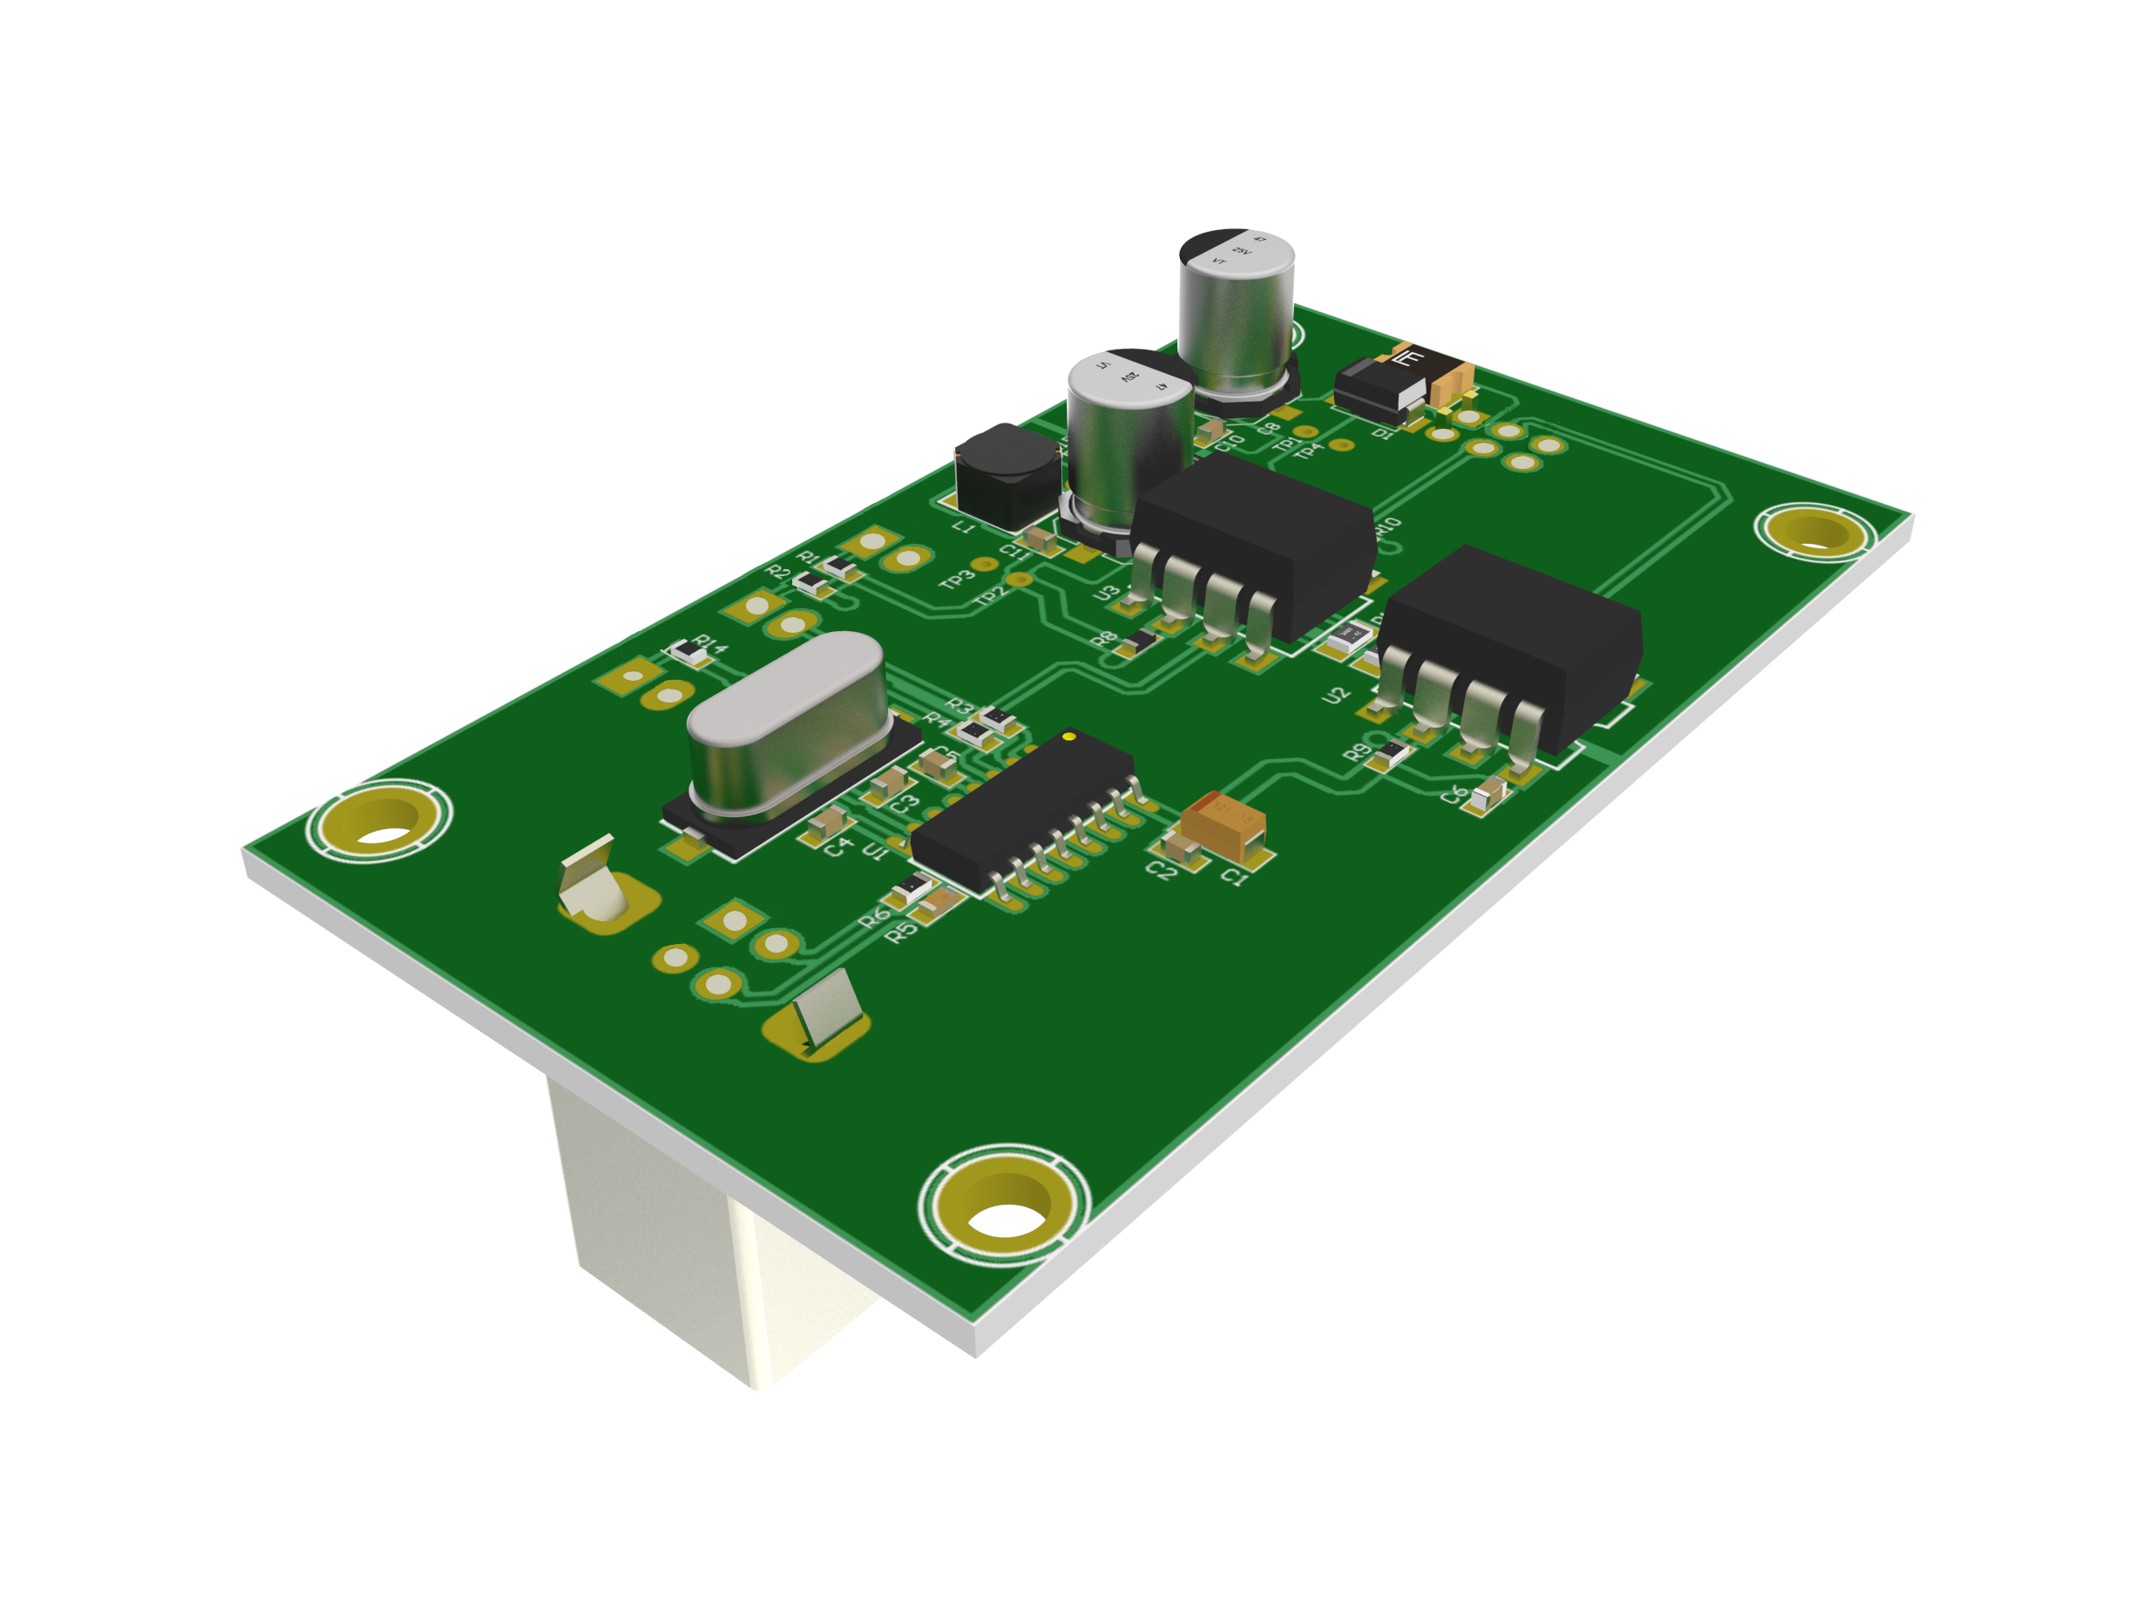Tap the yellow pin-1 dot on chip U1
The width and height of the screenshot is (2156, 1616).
[x=1069, y=736]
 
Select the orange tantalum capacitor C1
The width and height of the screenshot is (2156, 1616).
[x=1225, y=825]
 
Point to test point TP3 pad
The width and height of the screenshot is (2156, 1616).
[x=985, y=564]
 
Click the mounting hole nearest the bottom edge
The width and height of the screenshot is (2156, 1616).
[x=1005, y=1205]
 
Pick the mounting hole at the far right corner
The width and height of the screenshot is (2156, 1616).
[x=1815, y=531]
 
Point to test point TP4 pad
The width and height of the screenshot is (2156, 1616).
[x=1343, y=445]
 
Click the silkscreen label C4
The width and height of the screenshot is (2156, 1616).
[x=837, y=847]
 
